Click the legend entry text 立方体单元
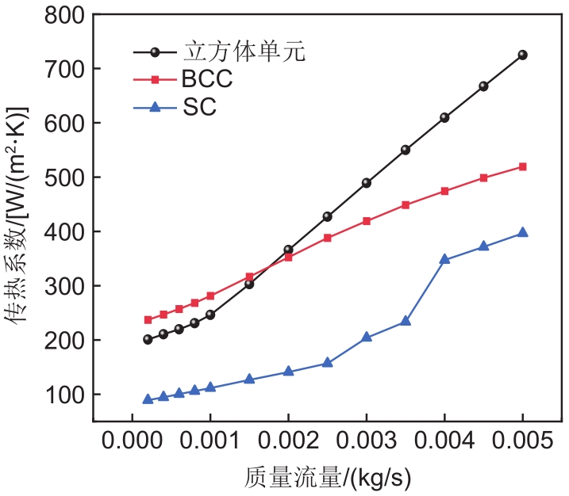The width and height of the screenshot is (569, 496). pos(244,53)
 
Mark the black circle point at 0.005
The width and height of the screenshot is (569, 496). pos(522,55)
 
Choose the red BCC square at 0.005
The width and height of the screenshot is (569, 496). pos(522,166)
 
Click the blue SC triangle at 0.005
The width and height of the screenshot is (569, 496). pos(522,232)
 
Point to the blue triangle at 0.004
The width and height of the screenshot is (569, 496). pos(444,259)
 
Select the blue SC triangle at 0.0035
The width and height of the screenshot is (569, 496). pos(406,321)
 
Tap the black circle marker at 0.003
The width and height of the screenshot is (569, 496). pos(367,182)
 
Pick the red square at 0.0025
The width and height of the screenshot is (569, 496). pos(327,238)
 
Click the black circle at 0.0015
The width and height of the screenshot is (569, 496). pos(249,284)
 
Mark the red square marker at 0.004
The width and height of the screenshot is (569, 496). pos(444,191)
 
